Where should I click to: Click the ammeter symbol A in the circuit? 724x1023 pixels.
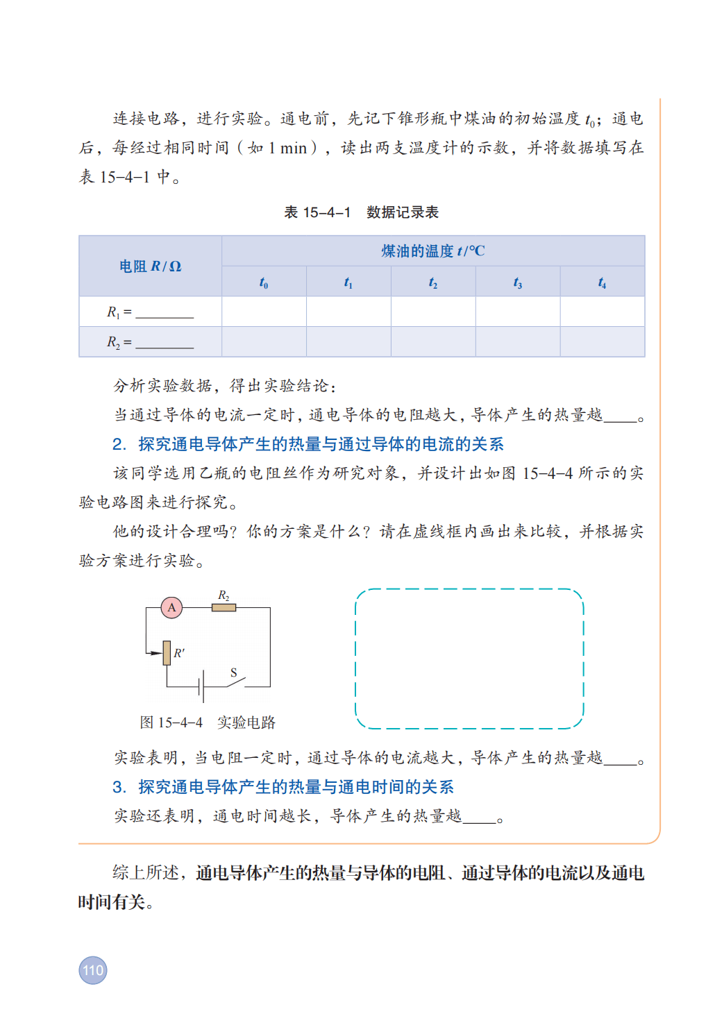171,607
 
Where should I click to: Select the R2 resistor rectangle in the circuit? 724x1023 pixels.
224,607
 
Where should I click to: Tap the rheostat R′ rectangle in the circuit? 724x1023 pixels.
167,652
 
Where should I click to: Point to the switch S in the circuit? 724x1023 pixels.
235,682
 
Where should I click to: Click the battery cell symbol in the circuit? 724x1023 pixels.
201,687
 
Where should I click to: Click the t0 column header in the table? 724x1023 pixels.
264,282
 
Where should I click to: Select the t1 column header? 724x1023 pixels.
348,282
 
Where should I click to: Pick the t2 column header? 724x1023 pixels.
433,282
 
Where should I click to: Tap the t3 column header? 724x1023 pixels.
518,282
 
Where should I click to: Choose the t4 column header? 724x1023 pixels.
602,282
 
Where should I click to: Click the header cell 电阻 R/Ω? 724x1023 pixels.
150,267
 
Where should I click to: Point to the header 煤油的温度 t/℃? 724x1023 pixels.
433,251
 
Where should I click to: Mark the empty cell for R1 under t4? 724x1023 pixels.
602,312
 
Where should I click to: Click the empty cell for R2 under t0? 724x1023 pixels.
264,341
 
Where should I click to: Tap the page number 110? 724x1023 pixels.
93,970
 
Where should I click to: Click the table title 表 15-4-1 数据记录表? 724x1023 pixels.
361,212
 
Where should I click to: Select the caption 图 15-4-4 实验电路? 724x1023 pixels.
208,722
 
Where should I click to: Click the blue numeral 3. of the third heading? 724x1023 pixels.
119,787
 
